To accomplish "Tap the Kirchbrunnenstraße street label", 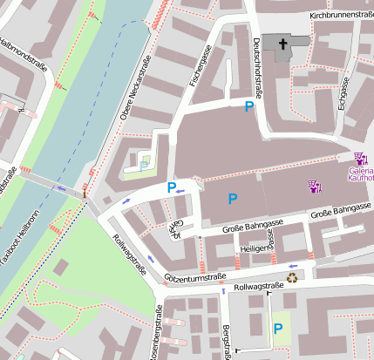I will [341, 16].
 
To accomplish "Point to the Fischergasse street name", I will [201, 65].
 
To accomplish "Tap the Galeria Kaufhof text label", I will [361, 174].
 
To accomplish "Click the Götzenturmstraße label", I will [194, 276].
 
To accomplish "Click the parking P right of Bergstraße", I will [278, 329].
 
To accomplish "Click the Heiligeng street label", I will [254, 248].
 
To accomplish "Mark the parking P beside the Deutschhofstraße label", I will [249, 106].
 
